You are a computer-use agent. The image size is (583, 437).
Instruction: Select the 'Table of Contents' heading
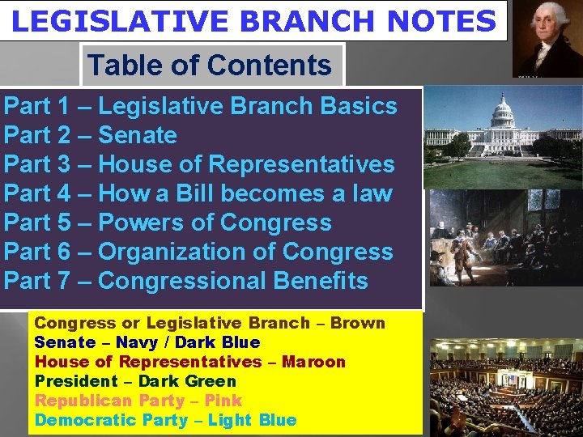[210, 65]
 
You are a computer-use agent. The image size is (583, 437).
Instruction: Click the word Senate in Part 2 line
[137, 135]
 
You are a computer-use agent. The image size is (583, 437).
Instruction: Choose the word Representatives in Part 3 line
[301, 164]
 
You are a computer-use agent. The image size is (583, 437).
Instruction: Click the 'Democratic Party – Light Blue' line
[165, 420]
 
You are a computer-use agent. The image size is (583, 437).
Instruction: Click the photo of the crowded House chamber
[504, 385]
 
